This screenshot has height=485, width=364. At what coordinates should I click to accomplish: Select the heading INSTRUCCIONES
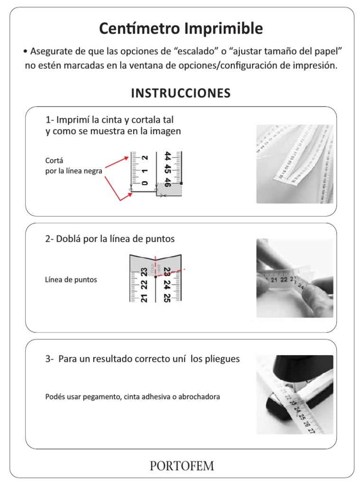(181, 93)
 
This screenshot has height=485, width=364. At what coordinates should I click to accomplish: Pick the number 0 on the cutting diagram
(145, 182)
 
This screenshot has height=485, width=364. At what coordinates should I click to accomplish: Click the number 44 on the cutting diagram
(167, 157)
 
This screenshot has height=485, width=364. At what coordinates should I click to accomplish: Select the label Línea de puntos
(71, 280)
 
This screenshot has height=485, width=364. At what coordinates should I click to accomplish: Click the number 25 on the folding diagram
(167, 297)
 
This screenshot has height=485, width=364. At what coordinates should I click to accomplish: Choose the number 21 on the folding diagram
(145, 297)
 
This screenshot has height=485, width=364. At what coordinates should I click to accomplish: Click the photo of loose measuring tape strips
(295, 164)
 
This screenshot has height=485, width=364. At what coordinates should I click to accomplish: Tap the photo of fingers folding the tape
(295, 278)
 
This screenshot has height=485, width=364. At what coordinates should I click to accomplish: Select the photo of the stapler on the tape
(295, 395)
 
